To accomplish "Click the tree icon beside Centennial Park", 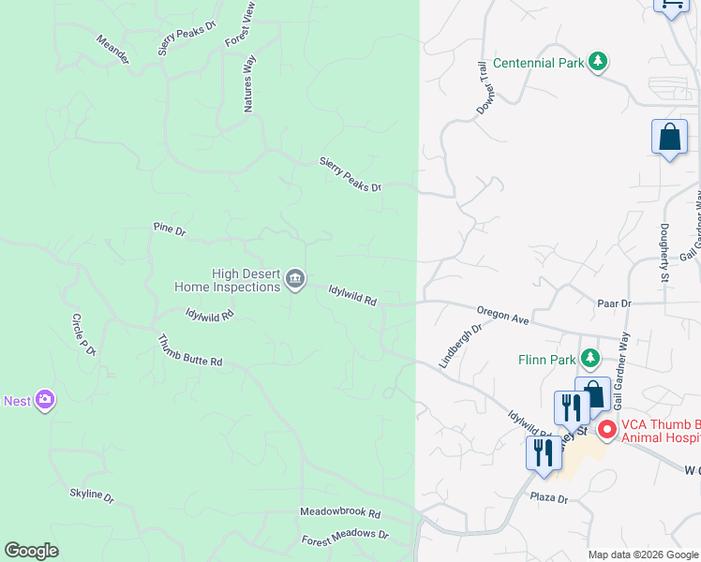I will coord(598,63).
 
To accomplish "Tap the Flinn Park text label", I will coord(546,359).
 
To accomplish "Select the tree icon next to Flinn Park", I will coord(589,358).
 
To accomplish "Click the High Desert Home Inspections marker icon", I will coord(294,278).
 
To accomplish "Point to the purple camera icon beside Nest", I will coord(44,401).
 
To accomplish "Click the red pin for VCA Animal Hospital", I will coord(606,430).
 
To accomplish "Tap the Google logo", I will coord(31,551).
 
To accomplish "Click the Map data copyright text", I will coord(643,555).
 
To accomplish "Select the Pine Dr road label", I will coord(170,229).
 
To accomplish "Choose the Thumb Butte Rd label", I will coord(189,350).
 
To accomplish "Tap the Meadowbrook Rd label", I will coord(340,513).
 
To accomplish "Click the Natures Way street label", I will coord(249,84).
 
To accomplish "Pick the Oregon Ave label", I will coord(503,315).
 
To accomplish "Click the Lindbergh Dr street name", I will coord(460,346).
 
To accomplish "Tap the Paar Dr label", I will coord(615,303).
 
